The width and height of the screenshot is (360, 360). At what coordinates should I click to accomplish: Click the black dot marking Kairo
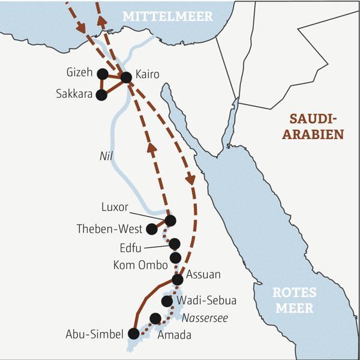[x=126, y=77]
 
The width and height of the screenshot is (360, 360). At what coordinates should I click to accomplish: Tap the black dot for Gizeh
[x=102, y=74]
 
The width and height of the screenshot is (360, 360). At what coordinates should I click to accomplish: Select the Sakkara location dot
[x=101, y=94]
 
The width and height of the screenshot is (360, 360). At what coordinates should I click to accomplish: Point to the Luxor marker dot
[x=170, y=221]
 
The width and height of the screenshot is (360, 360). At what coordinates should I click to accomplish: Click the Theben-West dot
[x=152, y=229]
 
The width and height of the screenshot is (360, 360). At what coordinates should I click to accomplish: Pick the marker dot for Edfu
[x=175, y=244]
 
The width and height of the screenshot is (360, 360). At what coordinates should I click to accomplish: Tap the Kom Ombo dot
[x=175, y=258]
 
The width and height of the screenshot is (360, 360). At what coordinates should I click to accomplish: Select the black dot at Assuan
[x=178, y=280]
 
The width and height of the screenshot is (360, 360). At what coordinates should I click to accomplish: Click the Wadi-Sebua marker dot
[x=167, y=301]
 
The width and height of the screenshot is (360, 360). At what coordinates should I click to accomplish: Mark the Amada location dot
[x=155, y=318]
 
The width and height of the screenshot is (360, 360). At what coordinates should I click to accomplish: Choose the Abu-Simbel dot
[x=134, y=334]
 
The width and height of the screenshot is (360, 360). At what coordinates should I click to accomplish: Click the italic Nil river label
[x=106, y=155]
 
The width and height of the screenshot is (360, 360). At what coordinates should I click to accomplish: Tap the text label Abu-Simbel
[x=95, y=334]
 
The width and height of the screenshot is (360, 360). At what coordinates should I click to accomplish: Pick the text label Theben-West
[x=109, y=229]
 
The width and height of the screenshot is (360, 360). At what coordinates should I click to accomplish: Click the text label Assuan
[x=205, y=275]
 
